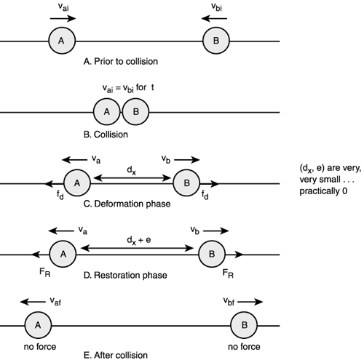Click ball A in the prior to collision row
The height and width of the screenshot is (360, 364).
pyautogui.click(x=61, y=39)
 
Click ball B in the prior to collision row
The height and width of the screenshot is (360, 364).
pyautogui.click(x=215, y=39)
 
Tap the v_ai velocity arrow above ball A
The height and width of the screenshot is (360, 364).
pyautogui.click(x=61, y=19)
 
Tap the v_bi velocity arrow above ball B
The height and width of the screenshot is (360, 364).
pyautogui.click(x=215, y=19)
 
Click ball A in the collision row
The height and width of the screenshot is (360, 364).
pyautogui.click(x=106, y=113)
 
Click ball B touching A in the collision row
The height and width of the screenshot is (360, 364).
pyautogui.click(x=135, y=113)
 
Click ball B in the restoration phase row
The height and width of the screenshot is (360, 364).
pyautogui.click(x=211, y=254)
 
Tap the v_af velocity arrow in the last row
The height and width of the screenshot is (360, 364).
pyautogui.click(x=30, y=299)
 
